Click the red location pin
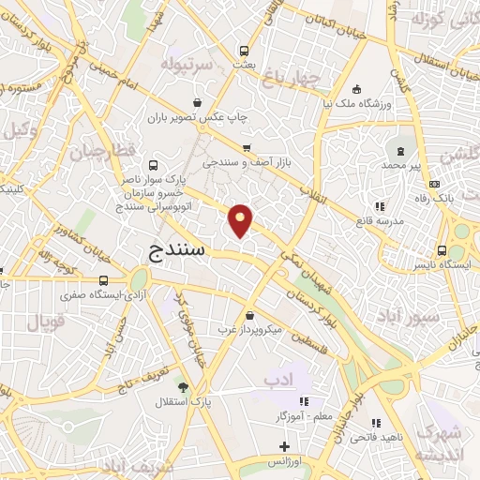point(241,219)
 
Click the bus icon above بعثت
point(244,52)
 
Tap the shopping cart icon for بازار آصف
point(247,148)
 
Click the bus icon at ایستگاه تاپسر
point(442,250)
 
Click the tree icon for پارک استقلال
point(182,385)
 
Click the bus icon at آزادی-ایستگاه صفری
point(102,279)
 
